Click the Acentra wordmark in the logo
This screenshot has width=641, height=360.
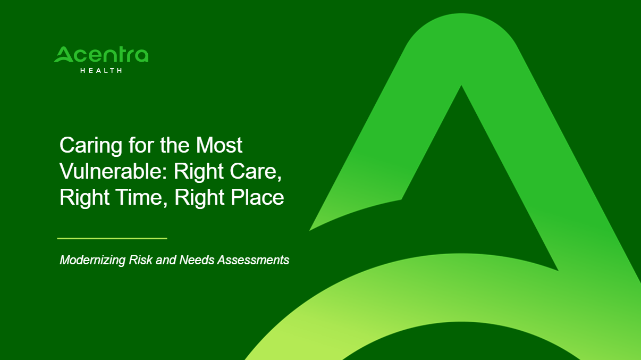click(102, 54)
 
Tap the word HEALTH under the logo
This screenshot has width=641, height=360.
click(102, 70)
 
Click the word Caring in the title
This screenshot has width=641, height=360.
click(91, 146)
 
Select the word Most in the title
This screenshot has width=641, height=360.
click(219, 145)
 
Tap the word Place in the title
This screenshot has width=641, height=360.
click(257, 197)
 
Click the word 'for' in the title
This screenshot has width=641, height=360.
click(141, 145)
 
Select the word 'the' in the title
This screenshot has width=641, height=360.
click(174, 145)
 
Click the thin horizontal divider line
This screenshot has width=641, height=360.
click(112, 238)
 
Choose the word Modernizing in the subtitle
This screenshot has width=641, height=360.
click(92, 261)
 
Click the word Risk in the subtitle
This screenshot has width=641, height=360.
click(140, 260)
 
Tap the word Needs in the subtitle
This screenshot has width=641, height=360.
click(197, 260)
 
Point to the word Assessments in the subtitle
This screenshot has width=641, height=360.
click(253, 260)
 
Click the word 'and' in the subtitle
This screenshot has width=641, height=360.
click(166, 260)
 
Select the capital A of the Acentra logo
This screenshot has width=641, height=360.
click(64, 54)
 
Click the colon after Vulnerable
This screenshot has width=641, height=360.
click(165, 173)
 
